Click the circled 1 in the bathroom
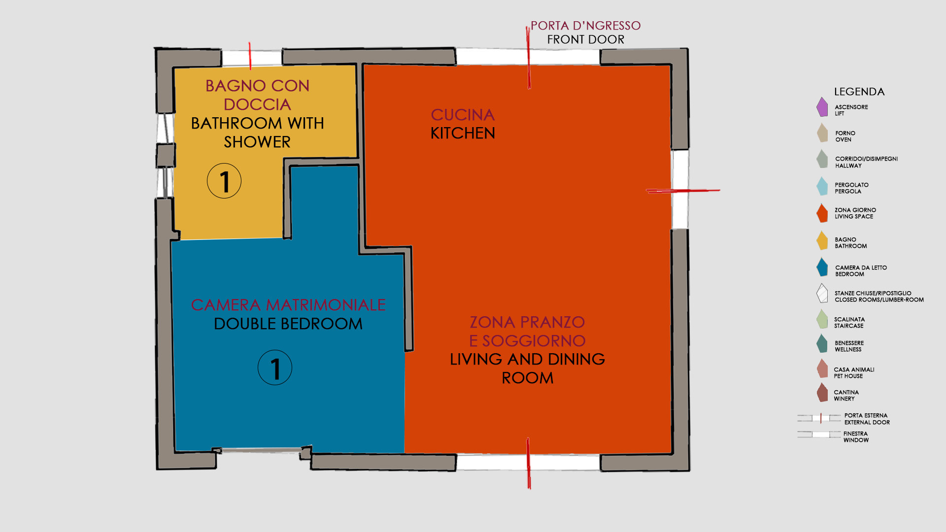[224, 181]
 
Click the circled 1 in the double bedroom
[275, 367]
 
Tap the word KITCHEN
[463, 133]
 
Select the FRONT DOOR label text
[585, 39]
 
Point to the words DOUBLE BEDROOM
[288, 324]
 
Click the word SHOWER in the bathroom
[257, 142]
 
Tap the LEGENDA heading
[859, 92]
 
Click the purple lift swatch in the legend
[822, 107]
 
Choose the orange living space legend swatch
[822, 213]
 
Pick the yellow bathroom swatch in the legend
[822, 241]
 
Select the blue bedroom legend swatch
[822, 267]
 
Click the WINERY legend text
[844, 399]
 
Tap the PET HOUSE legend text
[848, 376]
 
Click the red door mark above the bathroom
[250, 56]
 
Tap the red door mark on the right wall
[683, 191]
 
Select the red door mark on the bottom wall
[529, 463]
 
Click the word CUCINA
[463, 115]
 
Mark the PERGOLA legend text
[848, 192]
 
